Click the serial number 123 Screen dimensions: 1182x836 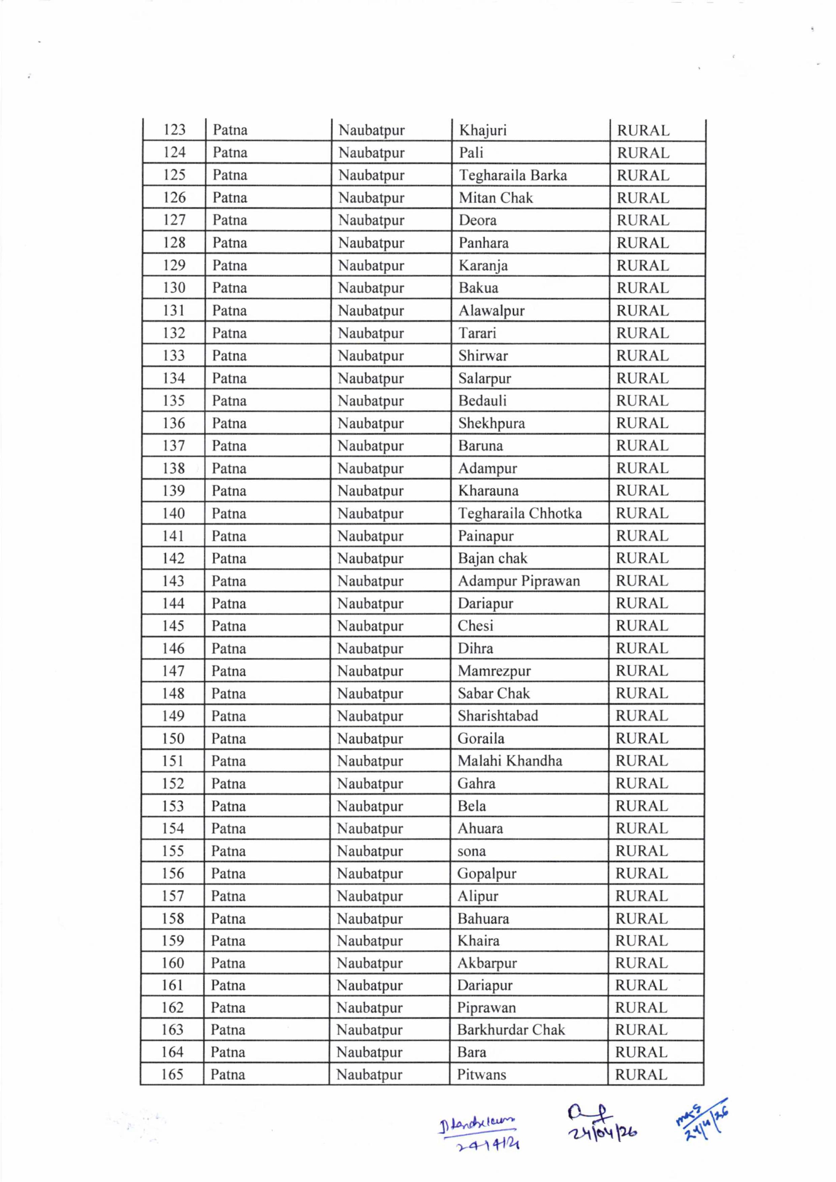(x=174, y=130)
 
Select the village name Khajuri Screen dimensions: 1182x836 (x=483, y=130)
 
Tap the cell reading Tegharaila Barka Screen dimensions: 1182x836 (x=512, y=176)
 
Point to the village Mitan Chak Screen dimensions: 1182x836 (x=496, y=198)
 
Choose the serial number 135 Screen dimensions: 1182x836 (x=174, y=401)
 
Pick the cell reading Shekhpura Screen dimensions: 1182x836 (x=491, y=423)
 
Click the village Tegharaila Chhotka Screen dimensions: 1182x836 (x=520, y=513)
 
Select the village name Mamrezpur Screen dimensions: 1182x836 (x=494, y=671)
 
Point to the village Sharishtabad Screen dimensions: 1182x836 (x=498, y=716)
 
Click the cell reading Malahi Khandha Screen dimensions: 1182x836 (x=509, y=760)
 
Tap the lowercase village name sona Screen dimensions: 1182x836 (x=471, y=851)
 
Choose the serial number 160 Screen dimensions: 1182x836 (x=173, y=963)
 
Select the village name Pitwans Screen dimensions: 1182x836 (x=482, y=1075)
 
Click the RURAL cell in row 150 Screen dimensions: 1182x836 (x=642, y=738)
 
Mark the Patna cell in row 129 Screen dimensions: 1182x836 (x=229, y=266)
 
